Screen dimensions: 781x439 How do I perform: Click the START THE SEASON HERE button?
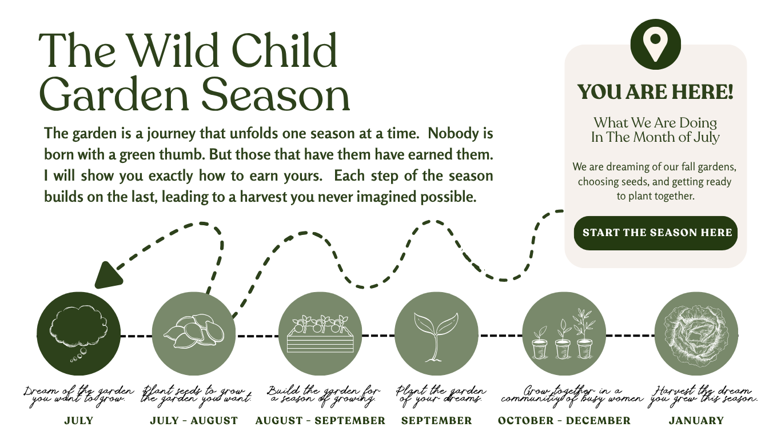(x=655, y=233)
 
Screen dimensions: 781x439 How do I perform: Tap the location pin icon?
(x=655, y=45)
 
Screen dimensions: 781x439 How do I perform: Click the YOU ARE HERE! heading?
(x=655, y=92)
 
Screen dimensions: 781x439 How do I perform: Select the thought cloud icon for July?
(x=78, y=334)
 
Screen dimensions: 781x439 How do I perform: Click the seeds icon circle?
(x=194, y=334)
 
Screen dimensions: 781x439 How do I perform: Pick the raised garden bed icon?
(x=320, y=334)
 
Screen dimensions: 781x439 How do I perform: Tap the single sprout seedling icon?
(x=436, y=334)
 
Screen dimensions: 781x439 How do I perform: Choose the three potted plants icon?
(x=564, y=334)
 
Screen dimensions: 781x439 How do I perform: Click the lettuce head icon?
(x=696, y=334)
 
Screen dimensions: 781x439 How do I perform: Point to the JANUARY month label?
(x=696, y=421)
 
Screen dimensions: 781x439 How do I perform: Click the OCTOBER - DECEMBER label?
(x=564, y=421)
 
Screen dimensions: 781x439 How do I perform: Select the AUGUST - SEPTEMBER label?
(x=320, y=421)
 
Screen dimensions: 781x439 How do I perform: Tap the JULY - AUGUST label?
(x=194, y=421)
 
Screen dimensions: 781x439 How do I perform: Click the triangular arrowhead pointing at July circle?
(x=107, y=276)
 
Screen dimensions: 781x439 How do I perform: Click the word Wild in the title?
(x=173, y=50)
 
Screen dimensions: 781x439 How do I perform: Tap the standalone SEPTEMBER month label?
(x=436, y=421)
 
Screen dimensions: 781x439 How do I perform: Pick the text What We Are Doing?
(x=655, y=123)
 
